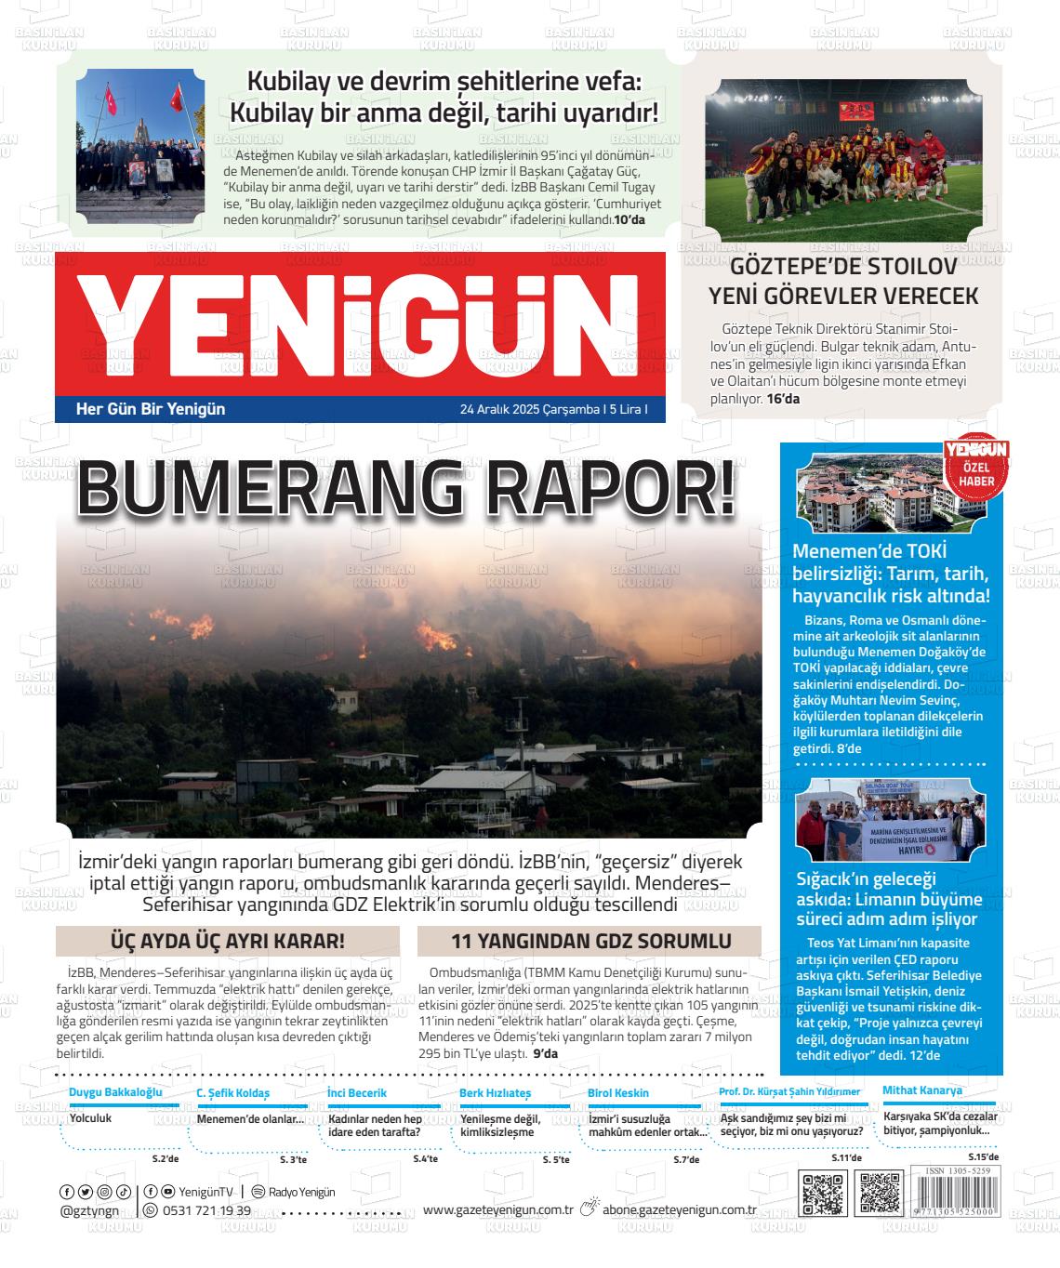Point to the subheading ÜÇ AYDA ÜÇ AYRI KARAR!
(228, 941)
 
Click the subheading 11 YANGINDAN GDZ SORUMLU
(590, 941)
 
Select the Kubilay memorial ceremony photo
(140, 152)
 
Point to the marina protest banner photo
(890, 822)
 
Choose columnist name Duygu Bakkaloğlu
(115, 1091)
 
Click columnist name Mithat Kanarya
(922, 1090)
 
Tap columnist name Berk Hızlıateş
(495, 1093)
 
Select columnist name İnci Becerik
(357, 1093)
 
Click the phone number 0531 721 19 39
(206, 1210)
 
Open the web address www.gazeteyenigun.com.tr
(497, 1209)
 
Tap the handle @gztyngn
(89, 1210)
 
